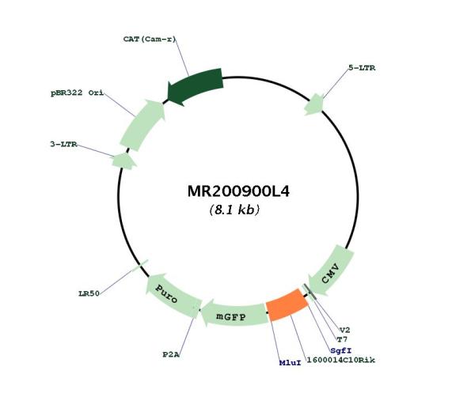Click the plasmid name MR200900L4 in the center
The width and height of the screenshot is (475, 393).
238,191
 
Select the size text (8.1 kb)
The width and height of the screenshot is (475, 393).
234,210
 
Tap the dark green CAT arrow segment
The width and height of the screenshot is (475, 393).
196,86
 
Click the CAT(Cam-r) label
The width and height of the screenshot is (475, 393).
150,39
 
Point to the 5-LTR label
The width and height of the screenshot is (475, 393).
362,68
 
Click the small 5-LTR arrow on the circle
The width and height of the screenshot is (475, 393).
314,104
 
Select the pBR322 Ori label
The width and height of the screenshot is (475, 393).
77,93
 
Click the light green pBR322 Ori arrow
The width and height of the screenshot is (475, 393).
143,124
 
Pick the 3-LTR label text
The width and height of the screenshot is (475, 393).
63,145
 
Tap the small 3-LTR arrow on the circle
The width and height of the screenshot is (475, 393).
123,161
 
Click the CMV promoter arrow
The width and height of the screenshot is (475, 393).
331,270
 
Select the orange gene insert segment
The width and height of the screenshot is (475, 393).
287,305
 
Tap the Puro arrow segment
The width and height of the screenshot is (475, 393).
171,295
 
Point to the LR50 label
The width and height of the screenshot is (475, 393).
89,293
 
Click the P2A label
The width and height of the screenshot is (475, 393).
171,354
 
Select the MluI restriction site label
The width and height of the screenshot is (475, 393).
291,363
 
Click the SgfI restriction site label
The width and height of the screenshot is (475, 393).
340,350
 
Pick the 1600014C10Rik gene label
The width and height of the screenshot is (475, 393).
340,360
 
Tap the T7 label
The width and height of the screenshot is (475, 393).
342,339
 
